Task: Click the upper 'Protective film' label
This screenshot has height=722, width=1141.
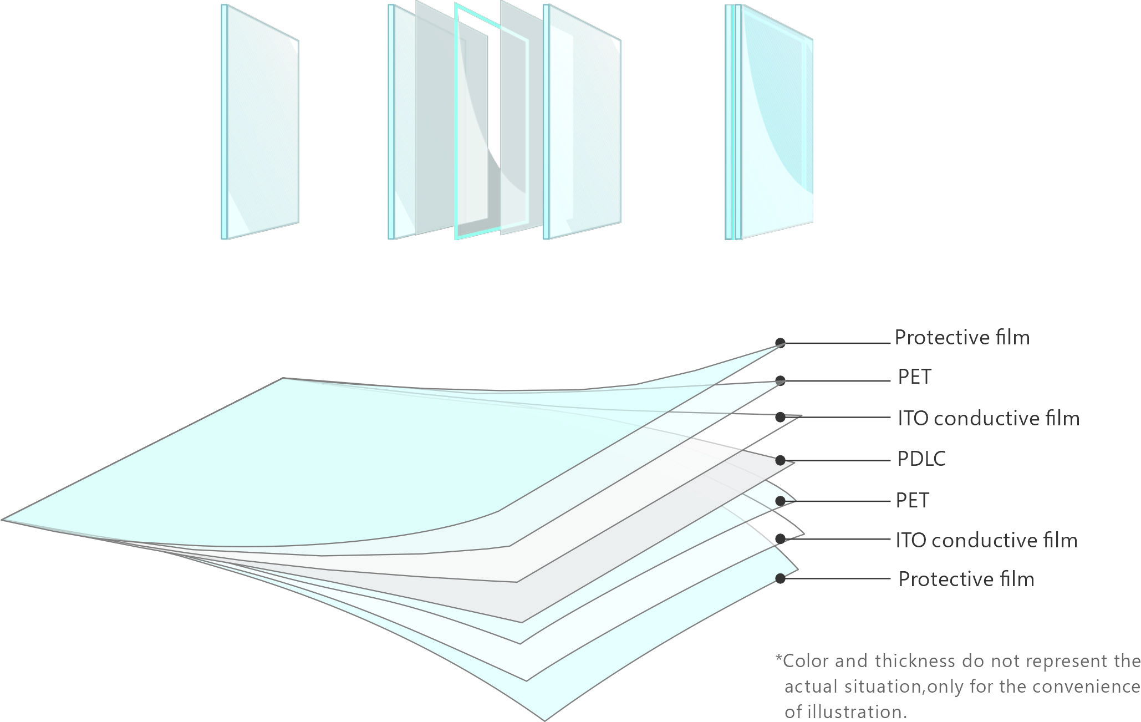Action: point(962,338)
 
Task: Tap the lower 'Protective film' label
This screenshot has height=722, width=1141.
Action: point(966,579)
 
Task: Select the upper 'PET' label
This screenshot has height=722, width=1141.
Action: point(914,377)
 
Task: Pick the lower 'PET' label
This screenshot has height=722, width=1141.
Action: point(912,501)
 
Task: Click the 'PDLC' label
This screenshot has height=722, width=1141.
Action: point(921,459)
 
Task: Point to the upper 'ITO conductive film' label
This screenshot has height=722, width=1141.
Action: point(989,419)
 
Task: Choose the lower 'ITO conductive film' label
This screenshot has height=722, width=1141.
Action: point(986,541)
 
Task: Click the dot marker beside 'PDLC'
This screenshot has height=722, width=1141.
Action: point(780,460)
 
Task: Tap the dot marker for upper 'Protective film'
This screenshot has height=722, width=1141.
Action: point(780,343)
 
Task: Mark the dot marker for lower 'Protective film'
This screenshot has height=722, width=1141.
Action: point(780,578)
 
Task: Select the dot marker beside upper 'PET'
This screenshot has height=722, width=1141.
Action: point(780,380)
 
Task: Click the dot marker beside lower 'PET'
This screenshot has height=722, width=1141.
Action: point(780,501)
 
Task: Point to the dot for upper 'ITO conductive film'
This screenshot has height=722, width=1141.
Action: point(780,417)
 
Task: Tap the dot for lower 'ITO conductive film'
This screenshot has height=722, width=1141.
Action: point(780,538)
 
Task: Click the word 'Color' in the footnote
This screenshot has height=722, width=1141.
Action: point(806,661)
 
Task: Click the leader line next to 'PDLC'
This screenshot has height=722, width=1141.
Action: point(837,460)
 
